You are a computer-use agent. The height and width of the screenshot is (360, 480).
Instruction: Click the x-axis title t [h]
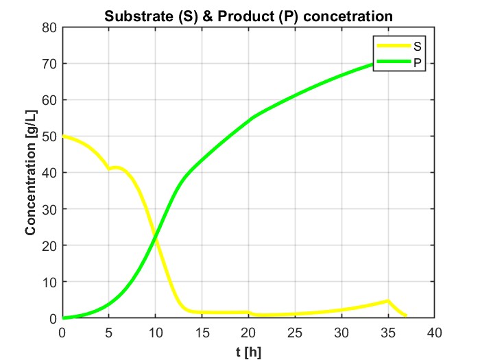pyautogui.click(x=248, y=351)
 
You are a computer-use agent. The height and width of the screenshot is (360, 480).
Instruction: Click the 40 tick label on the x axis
pyautogui.click(x=433, y=333)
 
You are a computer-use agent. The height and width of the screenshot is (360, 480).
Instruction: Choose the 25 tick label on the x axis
pyautogui.click(x=294, y=333)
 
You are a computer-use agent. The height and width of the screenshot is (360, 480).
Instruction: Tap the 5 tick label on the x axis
pyautogui.click(x=109, y=333)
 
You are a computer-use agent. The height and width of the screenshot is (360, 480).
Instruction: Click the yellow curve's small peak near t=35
pyautogui.click(x=387, y=301)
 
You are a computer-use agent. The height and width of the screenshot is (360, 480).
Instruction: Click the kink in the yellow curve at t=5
pyautogui.click(x=109, y=169)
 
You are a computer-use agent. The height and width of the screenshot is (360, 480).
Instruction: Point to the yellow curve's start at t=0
pyautogui.click(x=63, y=136)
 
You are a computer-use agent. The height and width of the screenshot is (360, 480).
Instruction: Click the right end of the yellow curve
pyautogui.click(x=406, y=315)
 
